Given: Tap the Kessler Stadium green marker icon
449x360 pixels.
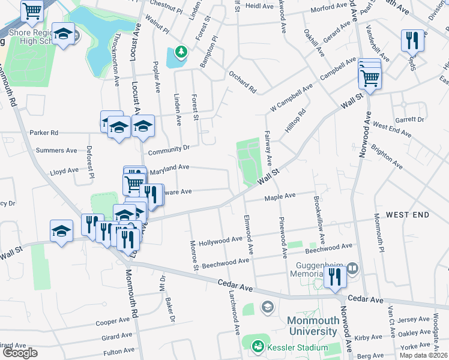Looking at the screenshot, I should coord(258,346).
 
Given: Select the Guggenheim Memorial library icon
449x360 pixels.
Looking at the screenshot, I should coord(353,268).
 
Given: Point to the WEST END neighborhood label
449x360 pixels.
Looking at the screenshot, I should coord(408,215).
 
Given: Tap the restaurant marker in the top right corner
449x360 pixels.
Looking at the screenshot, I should coord(411,40).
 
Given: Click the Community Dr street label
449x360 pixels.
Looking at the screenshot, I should coord(169,148).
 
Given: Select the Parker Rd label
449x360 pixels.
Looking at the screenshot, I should coord(44,133).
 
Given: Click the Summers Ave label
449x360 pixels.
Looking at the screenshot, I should coord(56,151).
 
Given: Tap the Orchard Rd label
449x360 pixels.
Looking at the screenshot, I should coord(243,83).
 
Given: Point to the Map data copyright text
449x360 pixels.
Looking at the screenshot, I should coord(424,355).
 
